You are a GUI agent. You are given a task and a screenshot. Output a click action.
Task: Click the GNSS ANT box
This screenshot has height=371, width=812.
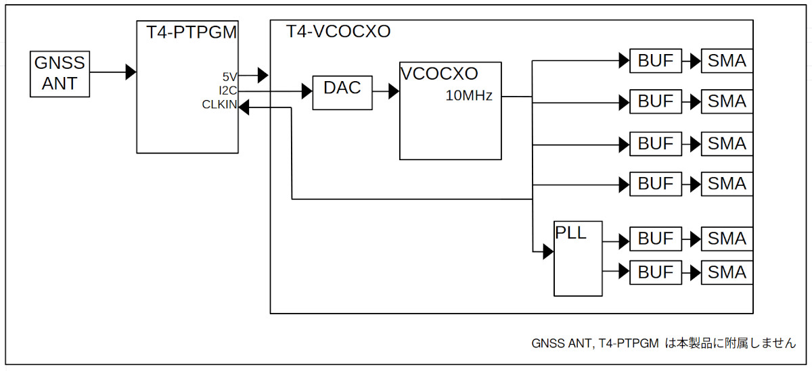(x=60, y=74)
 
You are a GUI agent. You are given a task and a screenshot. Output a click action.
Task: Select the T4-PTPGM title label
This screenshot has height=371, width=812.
(x=191, y=32)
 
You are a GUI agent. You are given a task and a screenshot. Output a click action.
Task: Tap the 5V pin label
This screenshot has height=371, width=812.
(x=229, y=76)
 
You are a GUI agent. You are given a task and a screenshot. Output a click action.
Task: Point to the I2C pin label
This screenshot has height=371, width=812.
(x=227, y=91)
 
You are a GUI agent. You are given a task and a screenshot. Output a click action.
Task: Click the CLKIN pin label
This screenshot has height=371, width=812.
(x=219, y=105)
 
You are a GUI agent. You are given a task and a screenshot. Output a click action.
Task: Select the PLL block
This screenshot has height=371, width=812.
(x=577, y=258)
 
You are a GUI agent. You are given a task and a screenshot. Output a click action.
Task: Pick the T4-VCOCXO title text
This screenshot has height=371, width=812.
(x=338, y=32)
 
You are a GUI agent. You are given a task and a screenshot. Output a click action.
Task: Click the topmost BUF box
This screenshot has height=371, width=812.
(x=656, y=61)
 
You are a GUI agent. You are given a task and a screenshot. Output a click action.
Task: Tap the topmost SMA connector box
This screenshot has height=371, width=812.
(x=727, y=61)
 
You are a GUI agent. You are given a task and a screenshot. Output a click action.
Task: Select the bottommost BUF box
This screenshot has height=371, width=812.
(x=656, y=272)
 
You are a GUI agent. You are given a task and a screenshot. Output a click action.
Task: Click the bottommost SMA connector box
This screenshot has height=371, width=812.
(x=727, y=272)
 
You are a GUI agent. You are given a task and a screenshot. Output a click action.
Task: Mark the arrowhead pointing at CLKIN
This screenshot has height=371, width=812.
(x=244, y=106)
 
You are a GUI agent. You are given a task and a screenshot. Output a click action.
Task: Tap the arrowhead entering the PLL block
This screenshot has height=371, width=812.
(x=548, y=253)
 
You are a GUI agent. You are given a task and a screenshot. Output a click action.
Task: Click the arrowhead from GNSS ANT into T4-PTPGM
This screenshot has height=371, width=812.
(x=131, y=72)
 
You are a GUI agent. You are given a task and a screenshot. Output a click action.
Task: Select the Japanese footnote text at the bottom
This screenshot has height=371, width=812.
(x=664, y=343)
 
